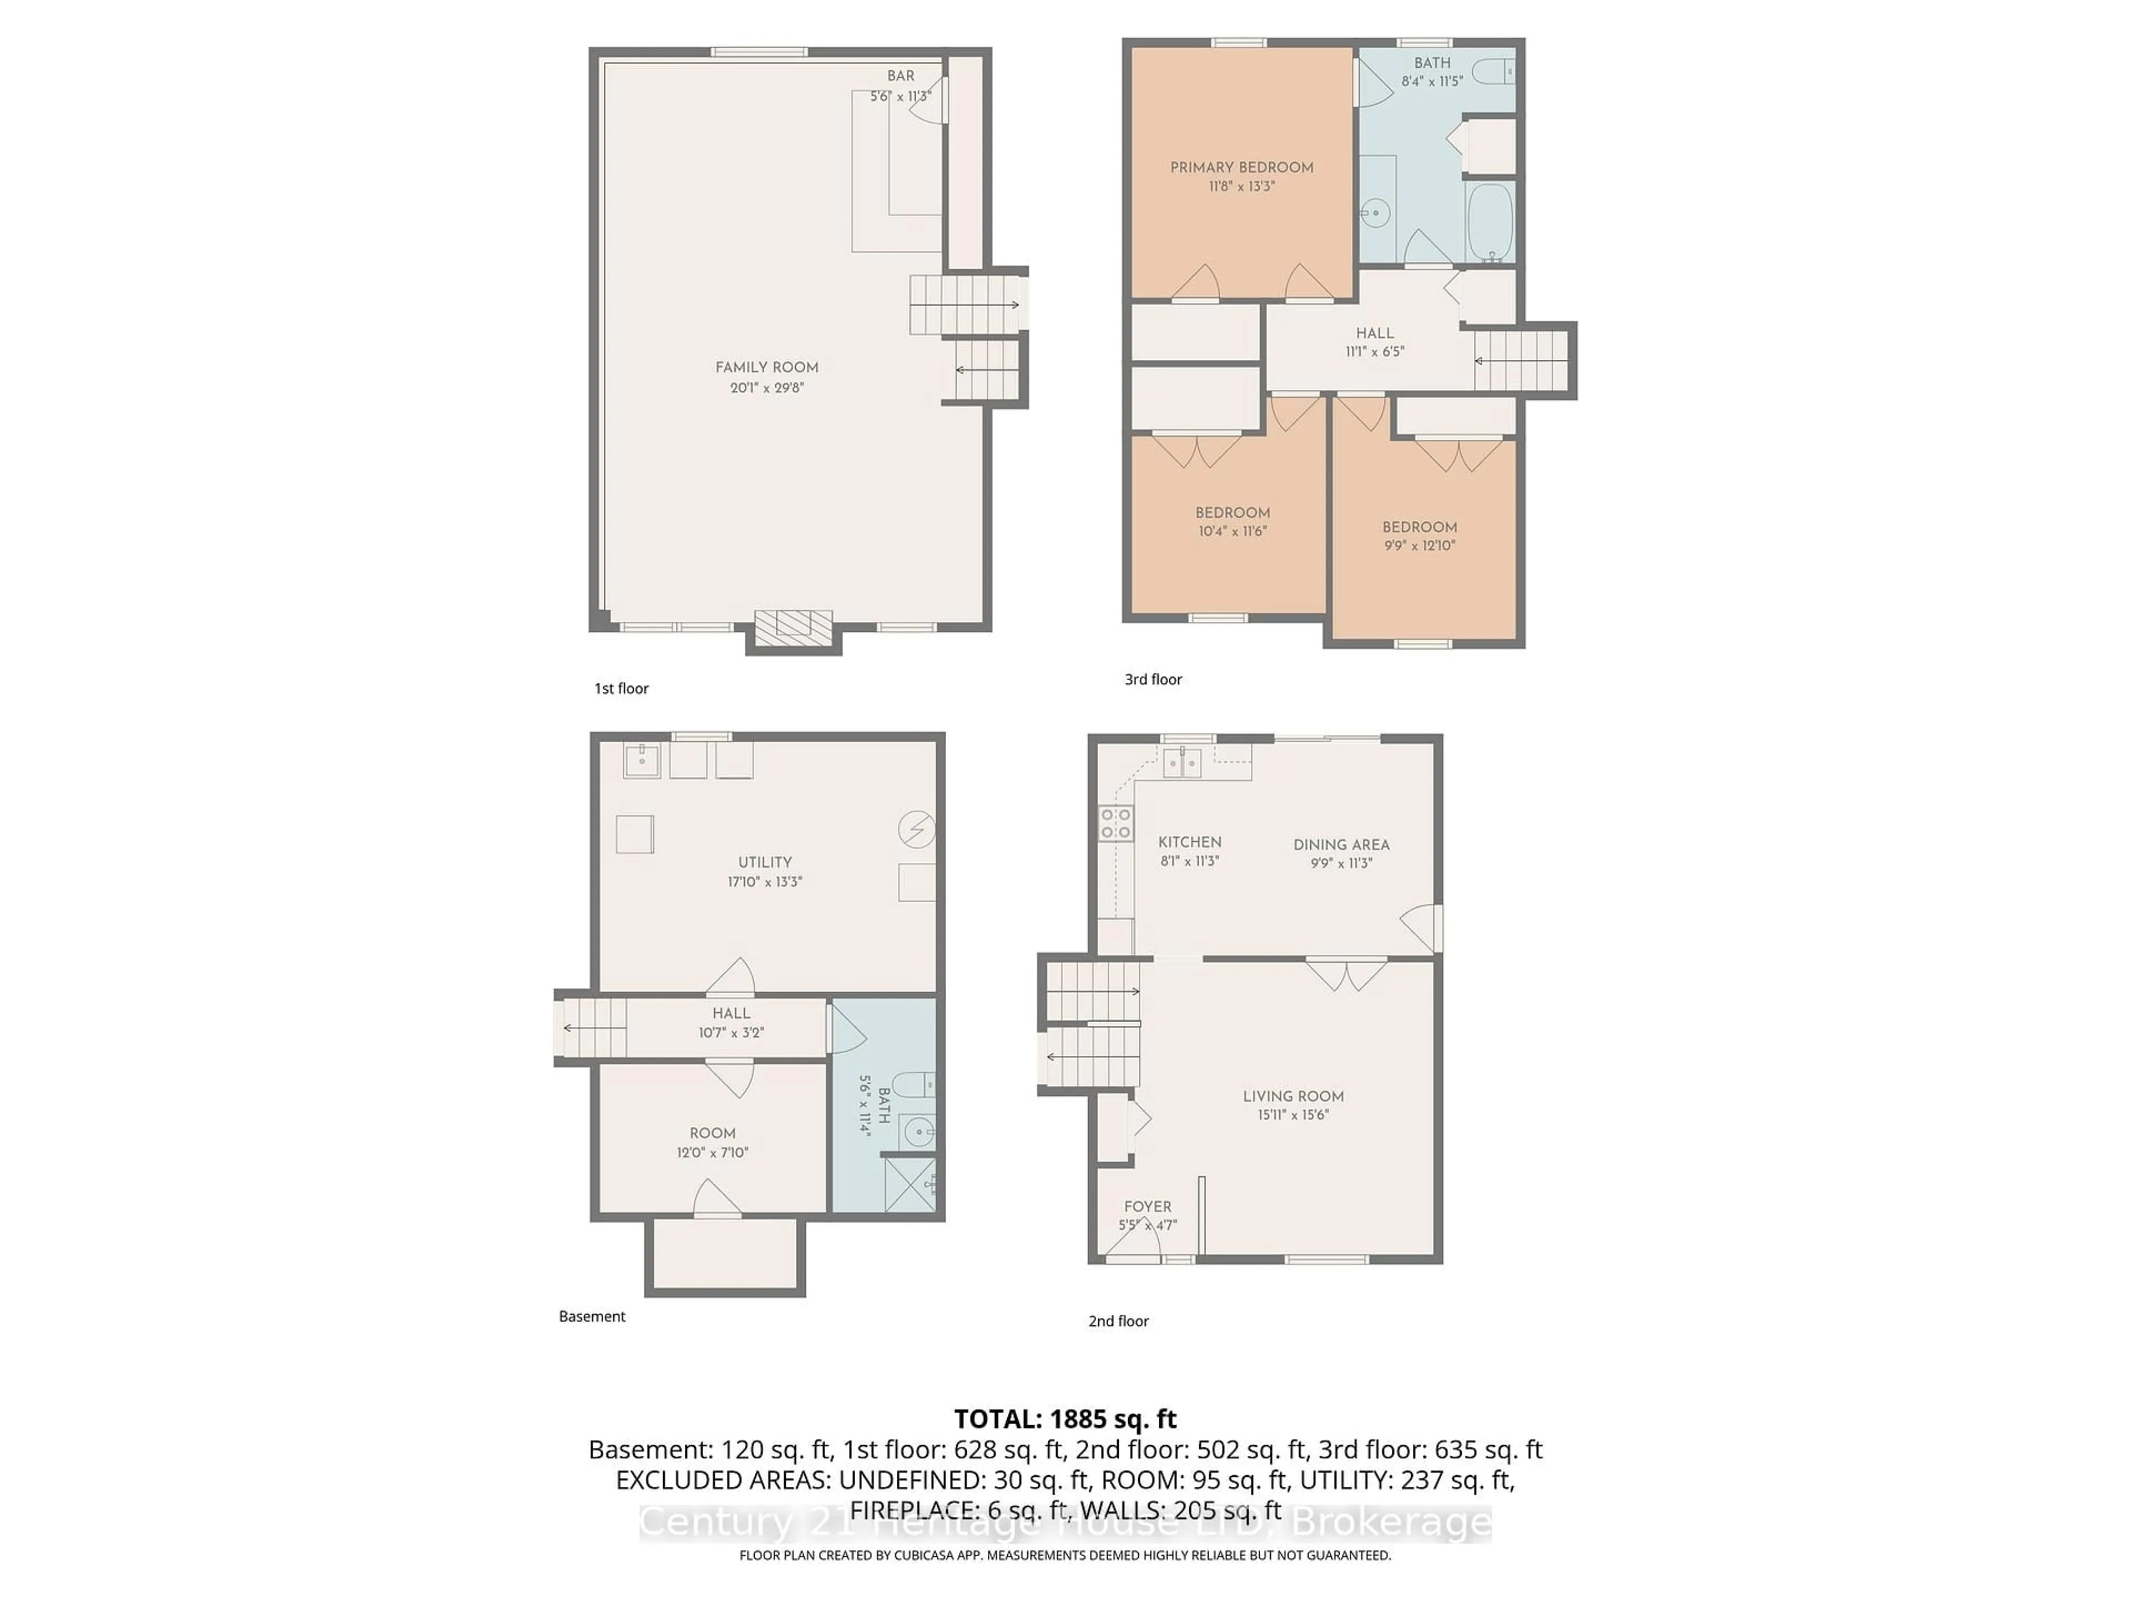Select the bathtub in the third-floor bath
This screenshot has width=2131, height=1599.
click(x=1489, y=222)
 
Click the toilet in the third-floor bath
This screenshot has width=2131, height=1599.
click(x=1493, y=71)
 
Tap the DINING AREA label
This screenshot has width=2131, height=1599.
click(x=1341, y=844)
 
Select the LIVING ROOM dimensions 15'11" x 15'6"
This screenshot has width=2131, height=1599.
click(x=1293, y=1115)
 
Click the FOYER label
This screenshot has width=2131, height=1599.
click(x=1148, y=1206)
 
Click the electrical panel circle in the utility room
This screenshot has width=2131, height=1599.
click(x=916, y=829)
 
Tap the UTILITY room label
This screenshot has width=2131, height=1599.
click(x=765, y=863)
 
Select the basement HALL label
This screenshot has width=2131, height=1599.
click(x=731, y=1013)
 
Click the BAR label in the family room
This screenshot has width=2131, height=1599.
click(x=901, y=75)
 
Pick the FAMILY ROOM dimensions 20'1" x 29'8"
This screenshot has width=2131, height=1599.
click(x=767, y=388)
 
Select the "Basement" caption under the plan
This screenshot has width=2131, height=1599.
click(x=592, y=1316)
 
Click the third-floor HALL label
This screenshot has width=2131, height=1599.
click(x=1375, y=333)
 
